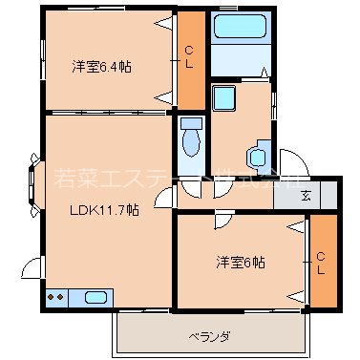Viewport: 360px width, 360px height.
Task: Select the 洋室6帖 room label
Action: click(240, 262)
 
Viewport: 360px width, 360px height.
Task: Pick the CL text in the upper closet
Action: click(190, 57)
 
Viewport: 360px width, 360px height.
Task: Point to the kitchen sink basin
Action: click(97, 297)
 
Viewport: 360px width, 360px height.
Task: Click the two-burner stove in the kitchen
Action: click(55, 297)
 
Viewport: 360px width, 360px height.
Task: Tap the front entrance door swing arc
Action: click(288, 162)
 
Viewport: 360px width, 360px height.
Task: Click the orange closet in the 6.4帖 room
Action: click(191, 59)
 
